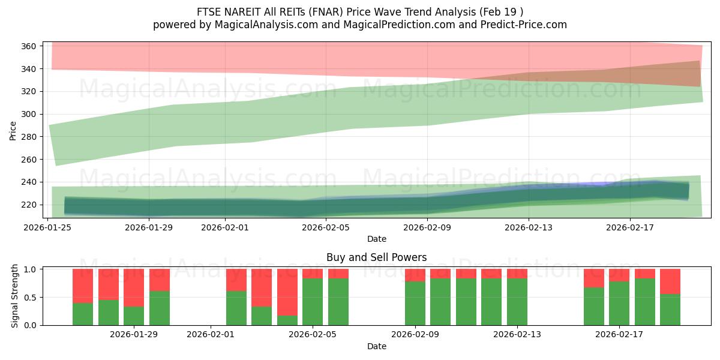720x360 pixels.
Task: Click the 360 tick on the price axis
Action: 31,46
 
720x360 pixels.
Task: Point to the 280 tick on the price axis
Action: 31,137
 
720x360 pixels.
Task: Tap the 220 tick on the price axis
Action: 31,205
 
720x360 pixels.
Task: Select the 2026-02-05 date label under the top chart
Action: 326,227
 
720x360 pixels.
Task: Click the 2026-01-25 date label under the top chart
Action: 48,227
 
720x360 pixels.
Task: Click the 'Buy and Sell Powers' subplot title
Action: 376,257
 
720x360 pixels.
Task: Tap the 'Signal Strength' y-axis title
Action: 15,296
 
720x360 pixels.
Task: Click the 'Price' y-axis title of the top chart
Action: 13,130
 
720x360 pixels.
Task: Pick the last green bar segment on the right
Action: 670,309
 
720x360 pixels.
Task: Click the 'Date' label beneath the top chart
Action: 376,239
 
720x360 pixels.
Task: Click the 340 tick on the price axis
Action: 31,69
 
